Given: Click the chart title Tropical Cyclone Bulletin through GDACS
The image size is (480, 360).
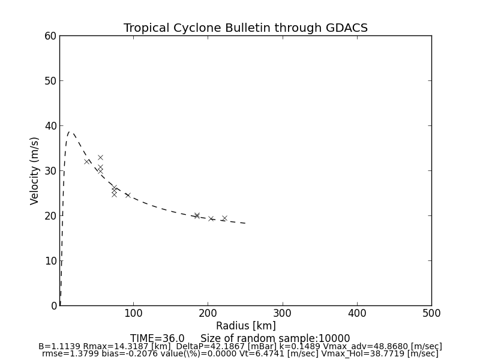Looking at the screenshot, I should [x=245, y=28].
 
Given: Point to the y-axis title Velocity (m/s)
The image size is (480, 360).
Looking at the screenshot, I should [x=35, y=170].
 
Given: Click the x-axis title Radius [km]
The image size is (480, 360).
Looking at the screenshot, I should [x=245, y=326].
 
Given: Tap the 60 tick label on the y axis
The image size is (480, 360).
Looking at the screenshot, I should [x=50, y=36].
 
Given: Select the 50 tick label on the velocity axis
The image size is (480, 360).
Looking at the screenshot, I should [x=50, y=81].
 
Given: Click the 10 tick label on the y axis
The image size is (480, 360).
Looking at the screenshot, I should [x=50, y=261].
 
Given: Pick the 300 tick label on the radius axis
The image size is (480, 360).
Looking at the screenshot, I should [x=283, y=313].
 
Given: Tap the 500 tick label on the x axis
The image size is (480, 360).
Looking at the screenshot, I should [x=431, y=313].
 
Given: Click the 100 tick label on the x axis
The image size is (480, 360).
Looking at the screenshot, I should [x=133, y=313].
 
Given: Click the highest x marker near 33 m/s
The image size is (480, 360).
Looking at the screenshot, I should [x=100, y=157].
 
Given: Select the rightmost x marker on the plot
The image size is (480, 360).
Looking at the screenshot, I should [x=224, y=218].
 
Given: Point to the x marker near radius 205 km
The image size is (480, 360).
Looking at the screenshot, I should [x=211, y=219].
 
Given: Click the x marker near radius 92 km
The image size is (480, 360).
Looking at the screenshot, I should [x=127, y=195].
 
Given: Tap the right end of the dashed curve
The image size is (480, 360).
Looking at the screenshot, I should [x=245, y=223].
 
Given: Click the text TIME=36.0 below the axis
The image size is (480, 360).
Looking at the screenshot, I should [x=157, y=338].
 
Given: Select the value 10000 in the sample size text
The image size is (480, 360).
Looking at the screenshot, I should [x=336, y=338].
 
